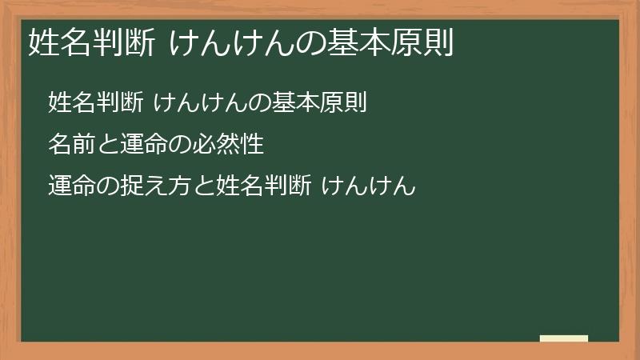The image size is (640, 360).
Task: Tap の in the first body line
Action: pyautogui.click(x=269, y=103)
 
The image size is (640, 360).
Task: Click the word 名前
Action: pyautogui.click(x=71, y=145)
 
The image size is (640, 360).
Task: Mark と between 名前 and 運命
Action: pyautogui.click(x=107, y=146)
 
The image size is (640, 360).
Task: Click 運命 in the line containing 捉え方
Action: pyautogui.click(x=71, y=187)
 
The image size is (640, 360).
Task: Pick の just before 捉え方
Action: pyautogui.click(x=107, y=188)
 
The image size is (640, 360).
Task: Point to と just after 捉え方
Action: pyautogui.click(x=202, y=188)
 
